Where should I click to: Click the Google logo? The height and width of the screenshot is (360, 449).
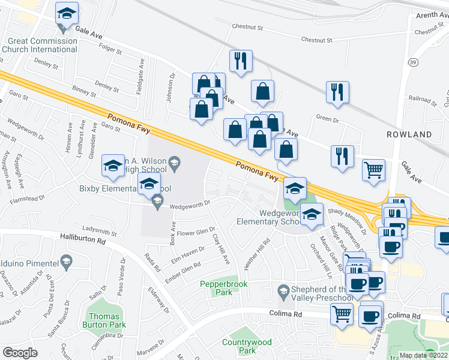point(20,353)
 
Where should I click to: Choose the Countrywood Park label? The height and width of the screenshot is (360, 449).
point(247,346)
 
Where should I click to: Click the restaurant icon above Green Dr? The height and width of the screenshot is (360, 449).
point(338,92)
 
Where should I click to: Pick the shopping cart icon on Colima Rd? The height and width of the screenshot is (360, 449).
point(342,314)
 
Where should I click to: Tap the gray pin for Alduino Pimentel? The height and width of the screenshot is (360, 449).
point(66,261)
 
